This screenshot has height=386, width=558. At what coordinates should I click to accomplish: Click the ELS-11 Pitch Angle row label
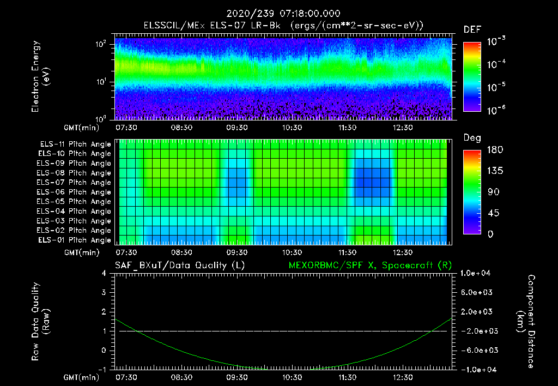(75, 144)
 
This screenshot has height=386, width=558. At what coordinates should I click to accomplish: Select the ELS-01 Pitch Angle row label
(75, 240)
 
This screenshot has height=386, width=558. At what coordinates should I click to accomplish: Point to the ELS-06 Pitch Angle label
(75, 192)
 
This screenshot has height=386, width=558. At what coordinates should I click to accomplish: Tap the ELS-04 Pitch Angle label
(75, 211)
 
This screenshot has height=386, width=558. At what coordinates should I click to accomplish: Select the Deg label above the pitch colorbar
(472, 138)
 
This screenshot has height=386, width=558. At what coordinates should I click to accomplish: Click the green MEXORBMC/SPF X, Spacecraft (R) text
(370, 266)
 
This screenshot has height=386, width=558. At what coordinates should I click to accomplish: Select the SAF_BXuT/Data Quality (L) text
(179, 266)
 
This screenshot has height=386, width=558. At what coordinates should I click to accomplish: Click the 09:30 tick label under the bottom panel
(237, 377)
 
